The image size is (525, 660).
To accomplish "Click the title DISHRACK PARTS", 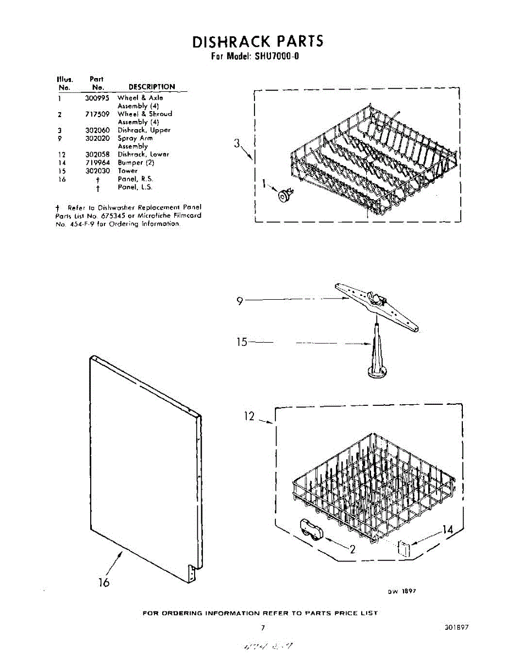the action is [258, 41].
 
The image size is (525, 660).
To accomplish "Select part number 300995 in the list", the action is [97, 97].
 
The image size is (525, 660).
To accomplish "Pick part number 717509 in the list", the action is [97, 114].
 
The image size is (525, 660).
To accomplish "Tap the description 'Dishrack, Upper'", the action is [144, 130].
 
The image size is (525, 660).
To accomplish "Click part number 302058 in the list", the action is [97, 155].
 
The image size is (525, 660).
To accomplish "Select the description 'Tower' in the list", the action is [128, 171].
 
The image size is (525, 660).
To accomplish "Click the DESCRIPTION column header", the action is [152, 87].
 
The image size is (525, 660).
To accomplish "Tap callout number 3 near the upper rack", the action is [236, 144].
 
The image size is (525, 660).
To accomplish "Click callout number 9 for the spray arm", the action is [240, 300].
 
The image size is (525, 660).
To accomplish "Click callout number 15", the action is [242, 342].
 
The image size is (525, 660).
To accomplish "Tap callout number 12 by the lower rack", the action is [249, 416].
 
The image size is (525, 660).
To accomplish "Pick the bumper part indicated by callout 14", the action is [404, 548].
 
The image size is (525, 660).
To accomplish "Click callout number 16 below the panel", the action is [104, 582].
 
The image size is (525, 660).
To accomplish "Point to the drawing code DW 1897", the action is [402, 591].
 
